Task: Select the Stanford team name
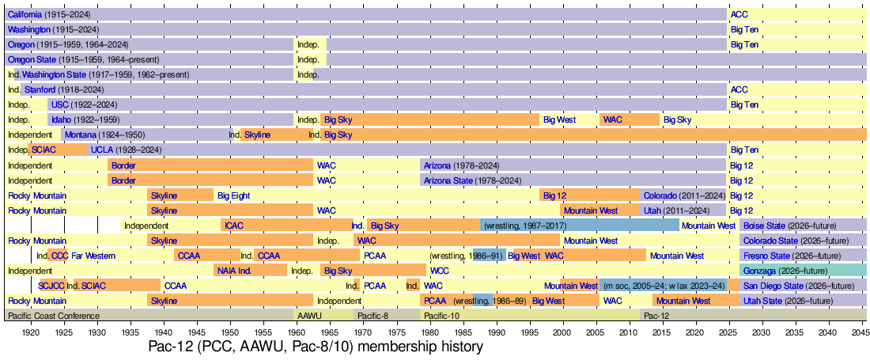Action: coord(40,89)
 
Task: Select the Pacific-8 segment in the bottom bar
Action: coord(373,316)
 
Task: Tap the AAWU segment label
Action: coord(309,316)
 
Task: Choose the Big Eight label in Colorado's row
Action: coord(233,195)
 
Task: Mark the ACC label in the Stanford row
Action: coord(739,89)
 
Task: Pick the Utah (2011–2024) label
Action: coord(682,210)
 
